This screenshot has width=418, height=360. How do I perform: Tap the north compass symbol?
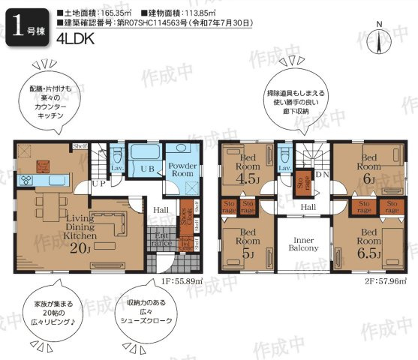[381, 37]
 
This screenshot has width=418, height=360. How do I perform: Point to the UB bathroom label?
[148, 170]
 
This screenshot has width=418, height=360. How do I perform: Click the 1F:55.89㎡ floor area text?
[182, 280]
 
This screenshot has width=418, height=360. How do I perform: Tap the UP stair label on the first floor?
[98, 182]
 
